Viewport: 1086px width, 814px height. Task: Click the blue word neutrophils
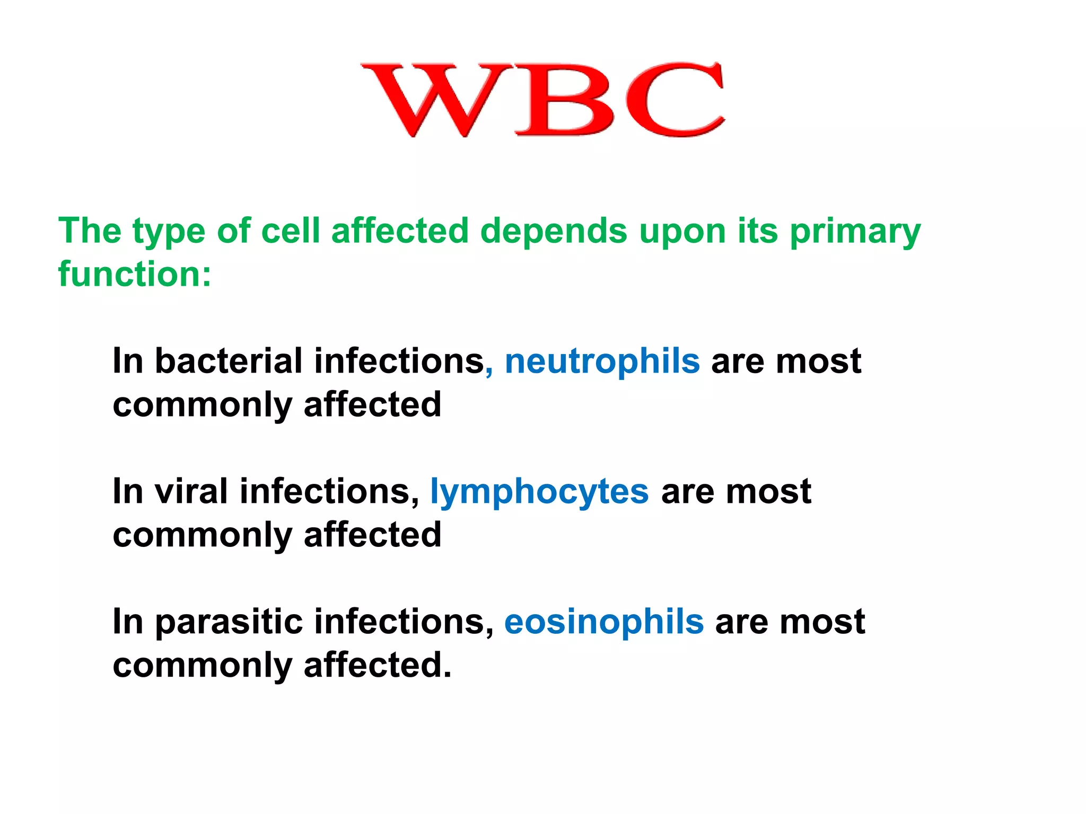point(602,361)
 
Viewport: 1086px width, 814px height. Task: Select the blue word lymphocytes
point(539,492)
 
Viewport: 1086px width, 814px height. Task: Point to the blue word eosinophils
point(604,622)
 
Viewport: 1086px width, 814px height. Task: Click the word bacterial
point(229,361)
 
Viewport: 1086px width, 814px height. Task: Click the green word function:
point(135,275)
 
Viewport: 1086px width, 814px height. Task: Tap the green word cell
point(291,231)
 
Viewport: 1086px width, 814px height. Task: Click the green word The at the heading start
point(90,231)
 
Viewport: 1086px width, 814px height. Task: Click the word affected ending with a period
point(378,665)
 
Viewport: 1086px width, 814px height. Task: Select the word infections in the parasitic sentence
point(404,622)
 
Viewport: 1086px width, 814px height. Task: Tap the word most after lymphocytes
point(768,492)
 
